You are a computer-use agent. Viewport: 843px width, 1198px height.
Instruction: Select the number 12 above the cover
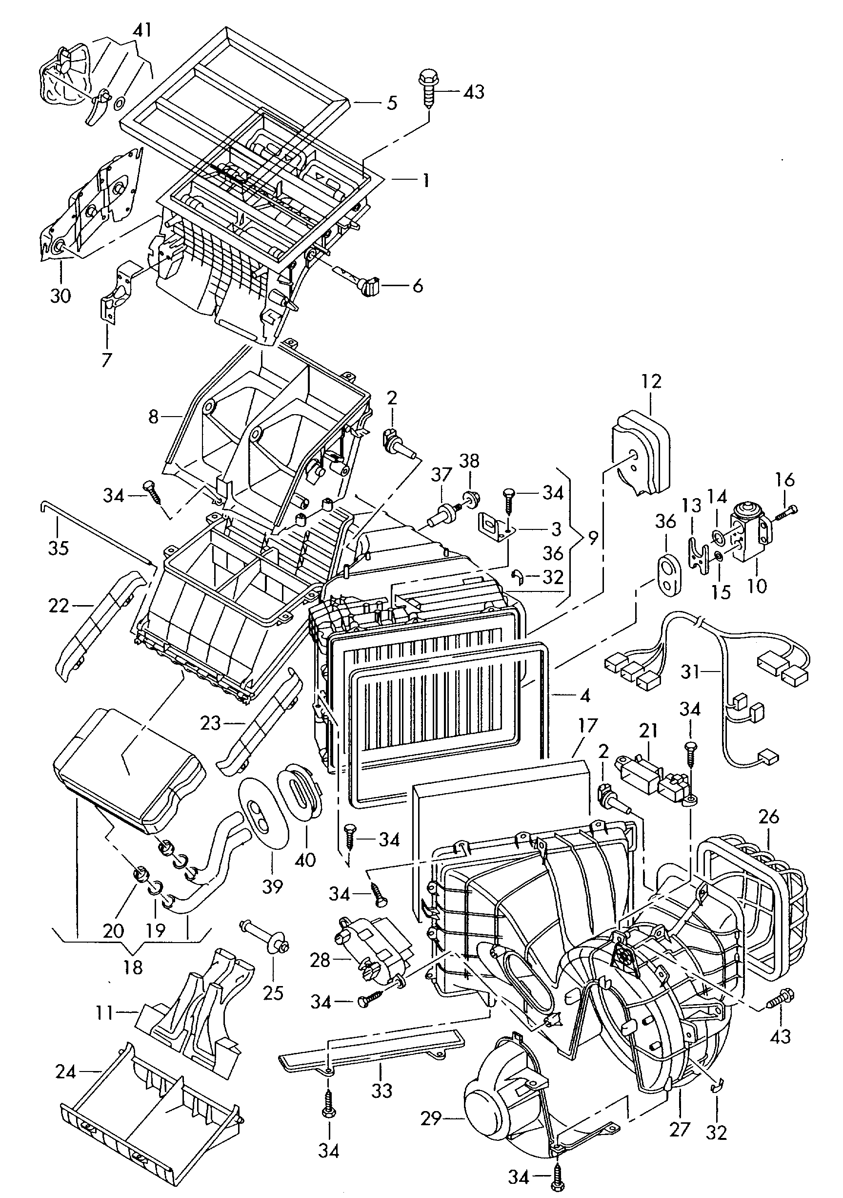click(x=652, y=381)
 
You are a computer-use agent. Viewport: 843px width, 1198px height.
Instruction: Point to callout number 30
click(x=60, y=296)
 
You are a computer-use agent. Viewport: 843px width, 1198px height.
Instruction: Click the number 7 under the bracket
click(x=107, y=359)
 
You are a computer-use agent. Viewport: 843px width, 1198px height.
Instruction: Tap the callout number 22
click(x=59, y=606)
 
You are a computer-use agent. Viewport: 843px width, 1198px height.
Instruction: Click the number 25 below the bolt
click(x=273, y=993)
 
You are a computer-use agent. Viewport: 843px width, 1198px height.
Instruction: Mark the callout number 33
click(x=381, y=1091)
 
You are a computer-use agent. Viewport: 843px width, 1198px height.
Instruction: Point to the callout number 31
click(x=690, y=672)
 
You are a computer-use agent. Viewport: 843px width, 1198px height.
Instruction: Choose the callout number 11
click(x=104, y=1013)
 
